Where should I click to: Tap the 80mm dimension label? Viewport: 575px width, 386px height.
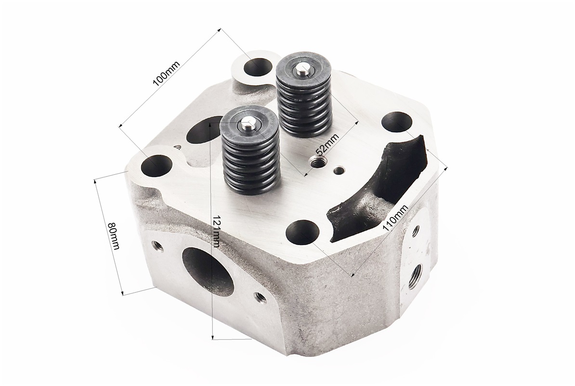114,235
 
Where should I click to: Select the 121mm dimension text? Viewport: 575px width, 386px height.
216,231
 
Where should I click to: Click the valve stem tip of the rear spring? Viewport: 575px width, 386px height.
302,68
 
